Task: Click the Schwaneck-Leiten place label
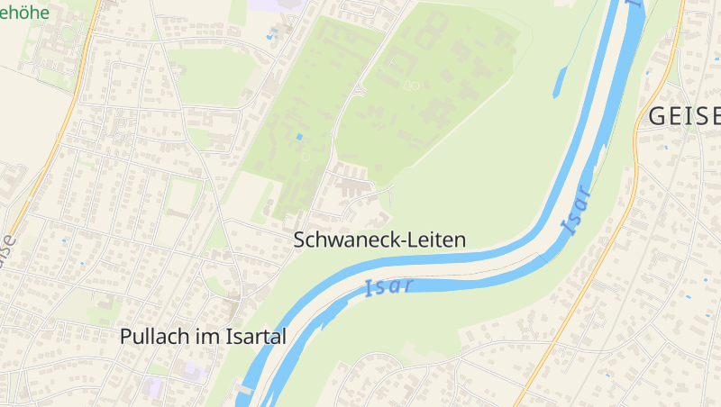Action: coord(379,240)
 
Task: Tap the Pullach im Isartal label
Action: coord(203,337)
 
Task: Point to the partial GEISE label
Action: coord(684,116)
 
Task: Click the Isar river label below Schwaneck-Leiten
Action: coord(389,287)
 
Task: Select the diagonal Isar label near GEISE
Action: coord(575,210)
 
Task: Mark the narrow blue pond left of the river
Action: coord(559,82)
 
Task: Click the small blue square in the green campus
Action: coord(299,136)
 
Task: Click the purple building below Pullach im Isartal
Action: coord(192,370)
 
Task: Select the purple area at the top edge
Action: coord(270,5)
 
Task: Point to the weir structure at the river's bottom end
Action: coord(243,391)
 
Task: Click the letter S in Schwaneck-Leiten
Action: coord(300,240)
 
